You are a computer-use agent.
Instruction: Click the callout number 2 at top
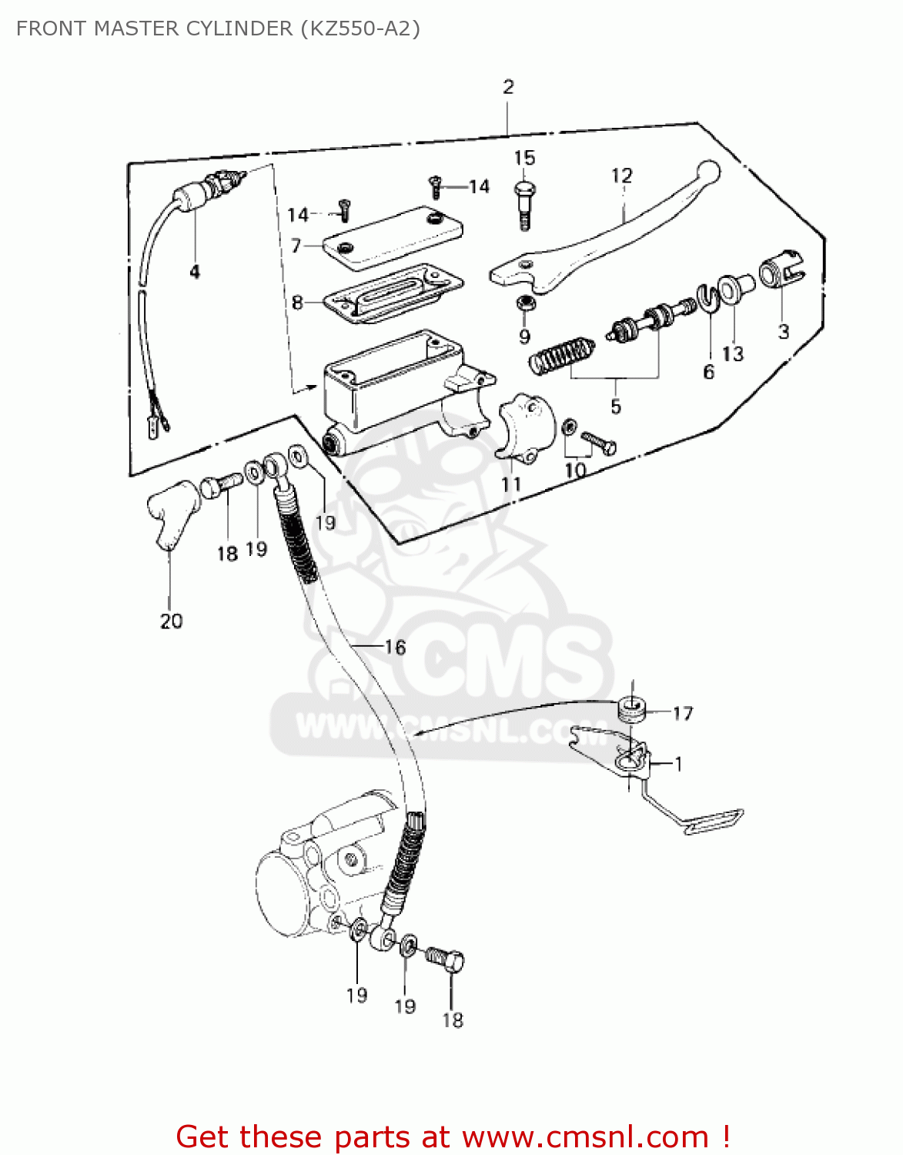pyautogui.click(x=508, y=87)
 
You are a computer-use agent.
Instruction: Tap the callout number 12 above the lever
pyautogui.click(x=621, y=176)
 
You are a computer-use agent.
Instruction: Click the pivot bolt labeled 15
pyautogui.click(x=523, y=203)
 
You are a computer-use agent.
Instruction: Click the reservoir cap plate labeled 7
pyautogui.click(x=393, y=237)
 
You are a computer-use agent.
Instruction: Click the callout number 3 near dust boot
pyautogui.click(x=783, y=332)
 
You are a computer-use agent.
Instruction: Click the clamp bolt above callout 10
pyautogui.click(x=599, y=442)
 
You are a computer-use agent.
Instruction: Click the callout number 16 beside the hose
pyautogui.click(x=395, y=647)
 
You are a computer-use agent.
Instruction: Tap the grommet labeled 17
pyautogui.click(x=632, y=709)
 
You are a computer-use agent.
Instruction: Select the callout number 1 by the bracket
pyautogui.click(x=678, y=764)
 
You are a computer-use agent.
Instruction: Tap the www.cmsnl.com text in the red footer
pyautogui.click(x=585, y=1137)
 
